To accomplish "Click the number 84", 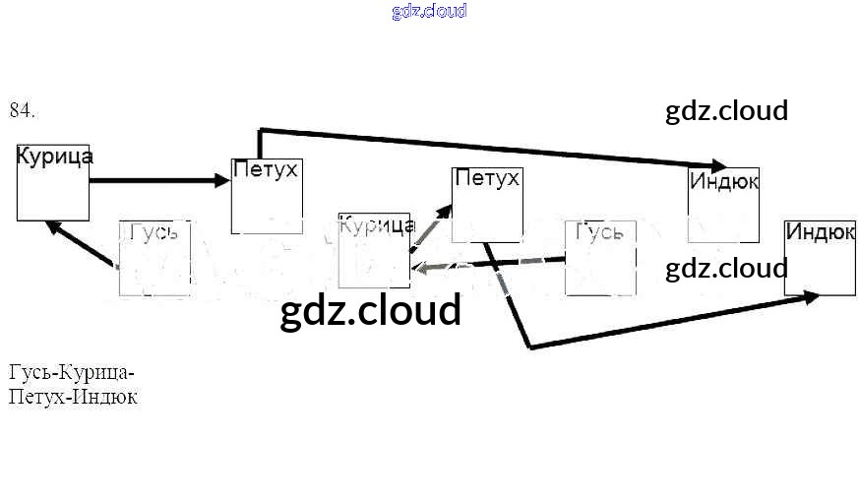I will tap(22, 110).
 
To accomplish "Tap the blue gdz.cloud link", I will tap(429, 11).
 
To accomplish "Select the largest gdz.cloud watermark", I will tap(371, 310).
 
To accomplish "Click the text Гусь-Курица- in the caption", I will tap(71, 373).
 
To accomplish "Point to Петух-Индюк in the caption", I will tap(73, 398).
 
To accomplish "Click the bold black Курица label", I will tap(55, 157).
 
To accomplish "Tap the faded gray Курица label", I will tap(377, 224).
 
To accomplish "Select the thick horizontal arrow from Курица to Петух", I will tap(157, 180).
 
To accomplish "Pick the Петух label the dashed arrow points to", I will tap(487, 179).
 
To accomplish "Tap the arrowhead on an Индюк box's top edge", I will tap(716, 166).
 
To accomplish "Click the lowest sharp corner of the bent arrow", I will tap(529, 346).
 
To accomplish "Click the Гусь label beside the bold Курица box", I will tap(153, 232).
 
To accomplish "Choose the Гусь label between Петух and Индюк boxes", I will tap(599, 232).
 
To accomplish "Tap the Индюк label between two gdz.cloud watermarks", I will tap(724, 182).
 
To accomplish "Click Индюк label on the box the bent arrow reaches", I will tap(820, 232).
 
